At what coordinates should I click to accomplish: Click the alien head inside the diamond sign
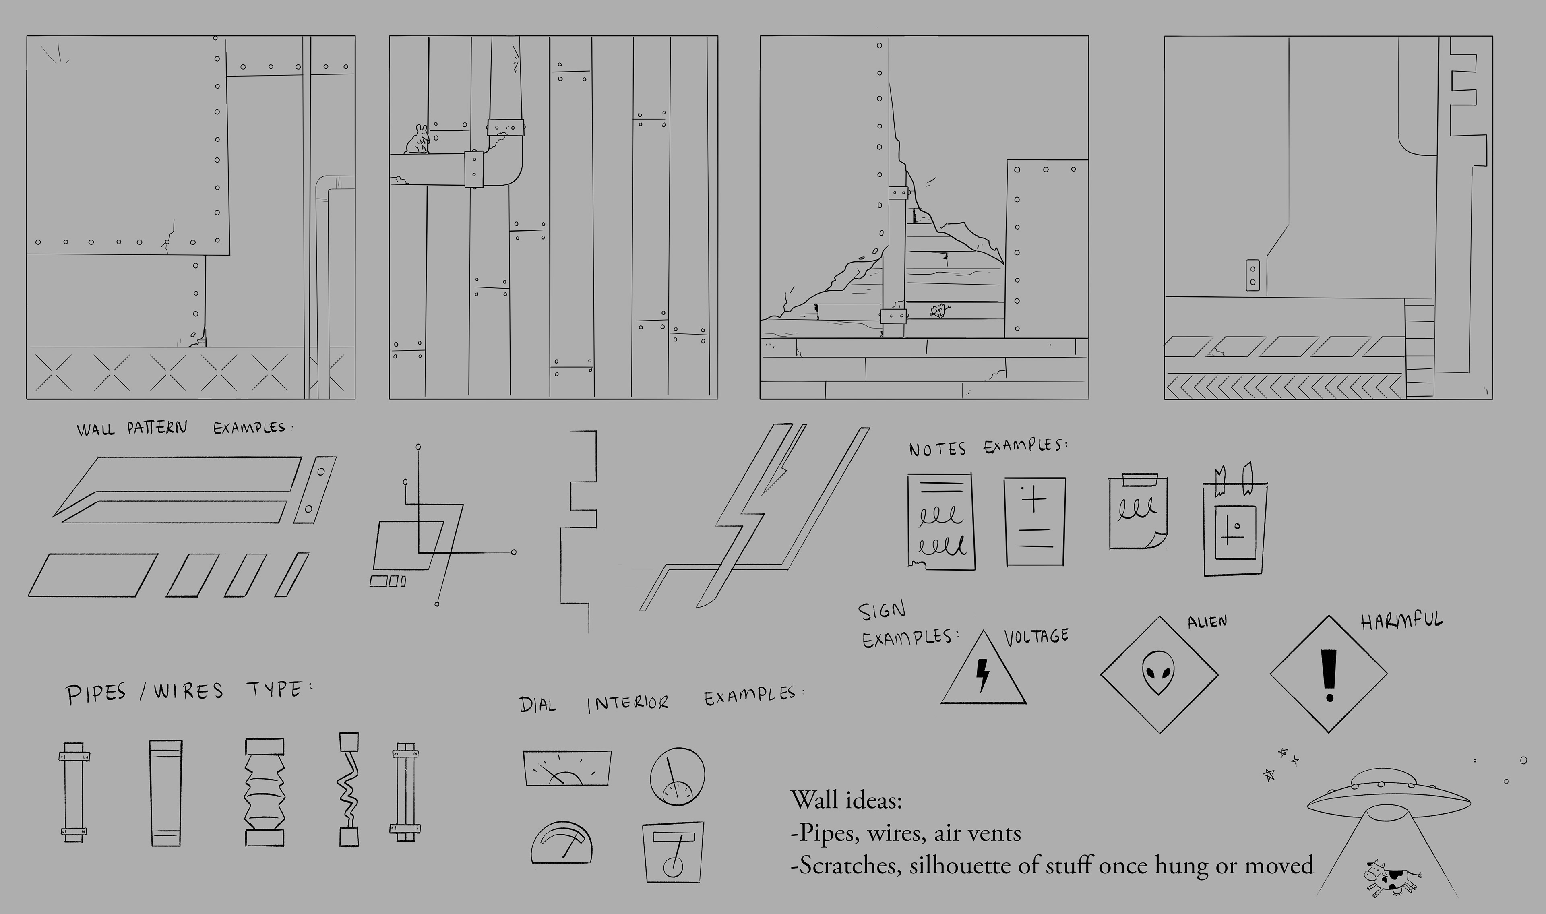click(x=1158, y=673)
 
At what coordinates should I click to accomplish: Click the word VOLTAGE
click(x=1036, y=636)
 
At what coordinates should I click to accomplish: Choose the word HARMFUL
click(x=1401, y=621)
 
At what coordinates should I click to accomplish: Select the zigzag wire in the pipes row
click(x=349, y=789)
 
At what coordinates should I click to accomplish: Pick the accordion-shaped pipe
click(x=265, y=792)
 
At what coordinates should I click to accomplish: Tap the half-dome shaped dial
click(x=562, y=843)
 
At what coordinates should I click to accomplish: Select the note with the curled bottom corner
click(x=1138, y=511)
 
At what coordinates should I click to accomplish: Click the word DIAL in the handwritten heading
click(x=538, y=704)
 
